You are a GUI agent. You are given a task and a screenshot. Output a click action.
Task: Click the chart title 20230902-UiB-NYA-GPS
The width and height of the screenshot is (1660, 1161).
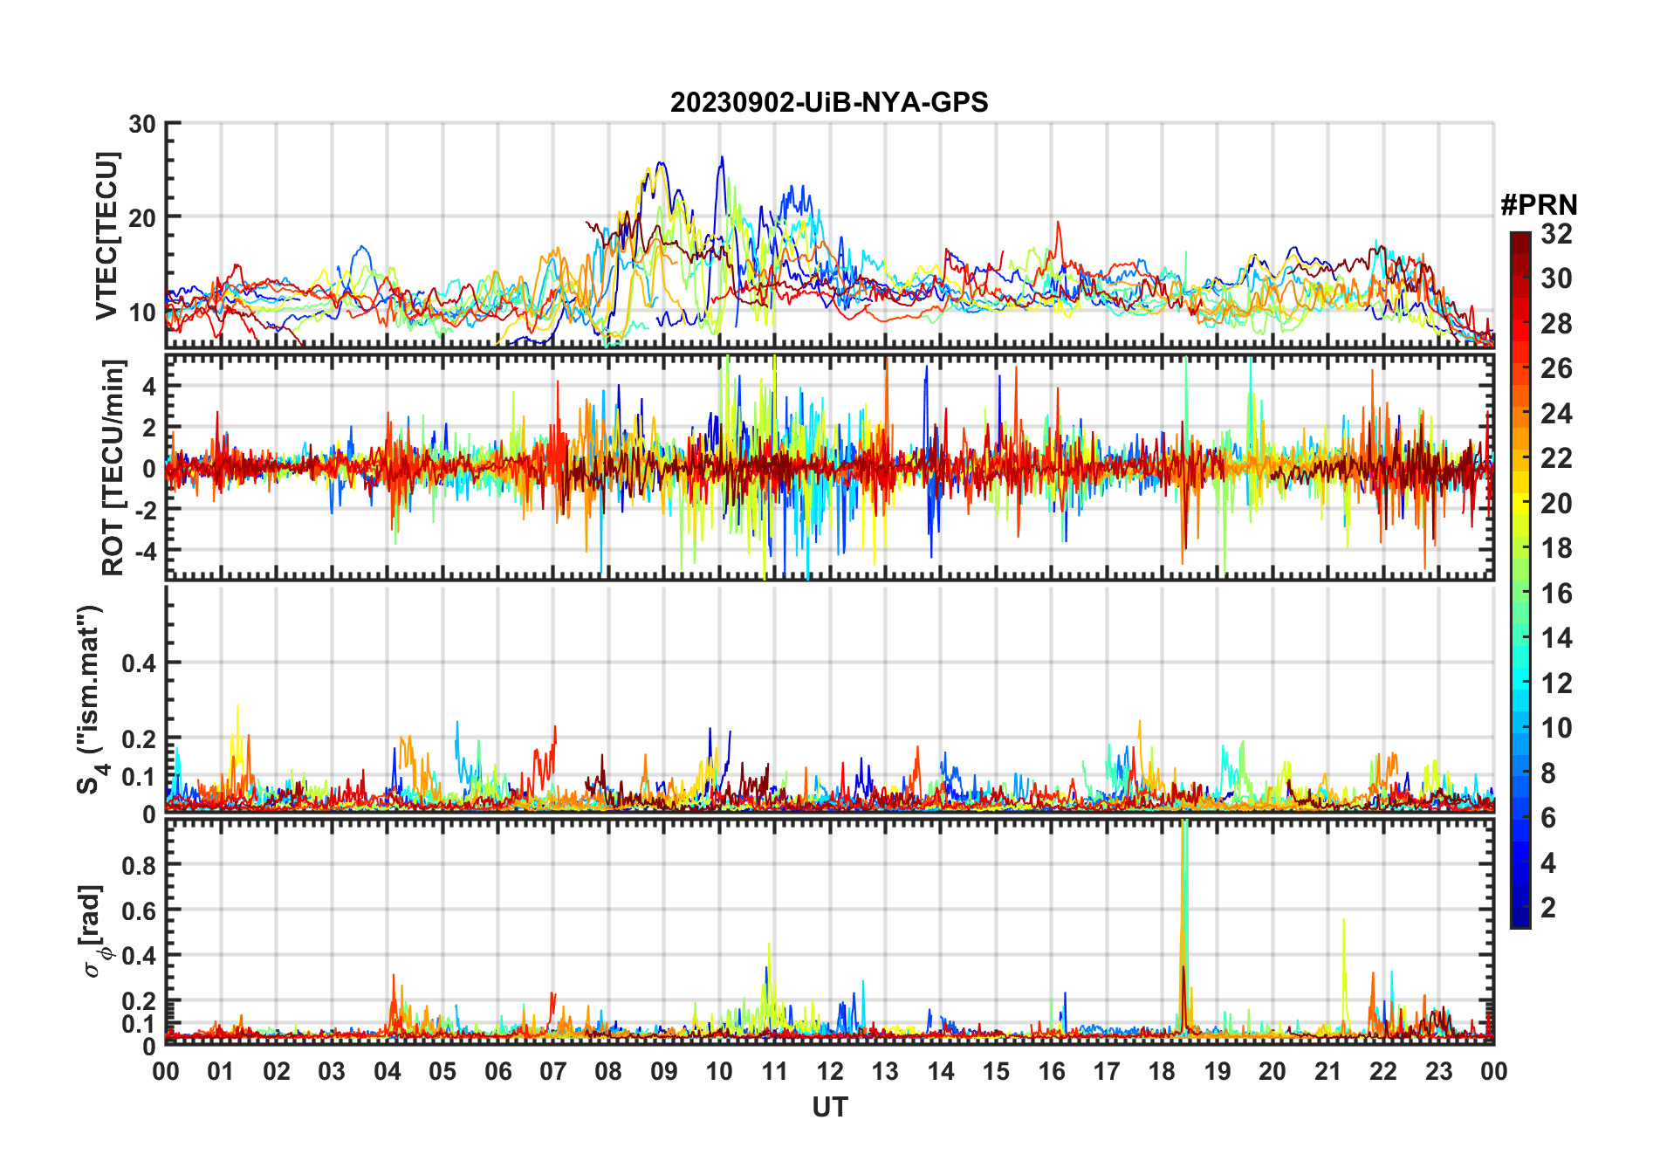[x=829, y=103]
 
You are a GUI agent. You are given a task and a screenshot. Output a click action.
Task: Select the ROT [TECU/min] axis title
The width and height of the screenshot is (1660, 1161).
[x=113, y=467]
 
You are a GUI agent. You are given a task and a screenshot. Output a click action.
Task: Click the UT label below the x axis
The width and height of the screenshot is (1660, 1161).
[x=829, y=1107]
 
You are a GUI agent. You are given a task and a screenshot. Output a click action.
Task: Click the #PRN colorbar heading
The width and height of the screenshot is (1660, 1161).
[x=1539, y=205]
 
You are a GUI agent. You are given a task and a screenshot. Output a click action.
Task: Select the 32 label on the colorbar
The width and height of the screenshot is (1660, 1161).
[x=1556, y=234]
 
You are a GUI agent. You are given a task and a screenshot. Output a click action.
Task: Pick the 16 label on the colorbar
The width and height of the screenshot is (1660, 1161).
[x=1556, y=594]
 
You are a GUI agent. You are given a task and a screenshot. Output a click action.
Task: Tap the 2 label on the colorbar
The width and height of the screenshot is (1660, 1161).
[x=1548, y=908]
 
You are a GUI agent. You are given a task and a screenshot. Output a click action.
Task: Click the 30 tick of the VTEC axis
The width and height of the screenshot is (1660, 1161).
[x=142, y=125]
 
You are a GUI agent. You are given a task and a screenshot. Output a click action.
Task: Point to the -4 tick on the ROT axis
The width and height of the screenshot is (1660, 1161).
[x=144, y=551]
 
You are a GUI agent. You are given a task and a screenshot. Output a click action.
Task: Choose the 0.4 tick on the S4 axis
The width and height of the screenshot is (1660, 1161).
[x=139, y=663]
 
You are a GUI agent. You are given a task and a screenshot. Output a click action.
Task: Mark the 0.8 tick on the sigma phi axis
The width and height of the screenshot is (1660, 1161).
[x=139, y=865]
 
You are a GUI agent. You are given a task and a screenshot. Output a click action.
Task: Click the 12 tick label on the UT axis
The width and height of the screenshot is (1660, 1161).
[x=829, y=1071]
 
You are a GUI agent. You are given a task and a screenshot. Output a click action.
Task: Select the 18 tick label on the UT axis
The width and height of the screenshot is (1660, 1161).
[x=1162, y=1071]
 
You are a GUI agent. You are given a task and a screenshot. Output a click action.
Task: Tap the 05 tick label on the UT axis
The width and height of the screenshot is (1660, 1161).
[x=442, y=1071]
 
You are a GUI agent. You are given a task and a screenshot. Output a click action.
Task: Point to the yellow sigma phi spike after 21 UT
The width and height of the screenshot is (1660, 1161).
[x=1343, y=925]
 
